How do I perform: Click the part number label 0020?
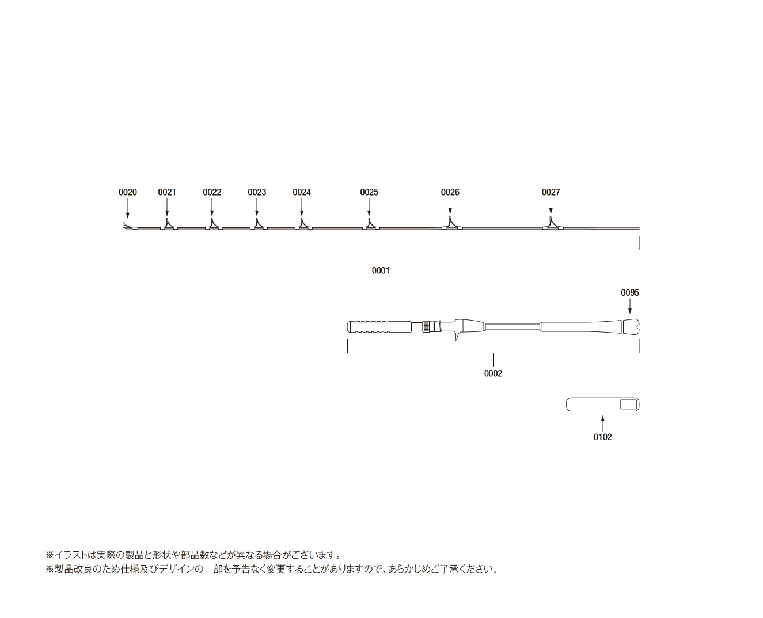[127, 192]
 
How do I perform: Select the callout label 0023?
[257, 192]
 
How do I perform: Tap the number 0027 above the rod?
[551, 192]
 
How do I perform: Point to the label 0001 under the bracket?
[381, 270]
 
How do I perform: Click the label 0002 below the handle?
[493, 373]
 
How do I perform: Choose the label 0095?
[630, 293]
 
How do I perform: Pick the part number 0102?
[602, 437]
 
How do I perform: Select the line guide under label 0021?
[169, 224]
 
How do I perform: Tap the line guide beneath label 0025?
[371, 224]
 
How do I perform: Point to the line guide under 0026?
[452, 223]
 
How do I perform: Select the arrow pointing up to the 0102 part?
[602, 424]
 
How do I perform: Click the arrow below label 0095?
[630, 306]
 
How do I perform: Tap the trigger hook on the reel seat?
[457, 336]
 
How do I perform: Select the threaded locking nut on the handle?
[426, 327]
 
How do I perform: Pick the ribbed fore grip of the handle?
[379, 327]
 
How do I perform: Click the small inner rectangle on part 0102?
[628, 405]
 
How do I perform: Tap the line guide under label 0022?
[214, 224]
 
